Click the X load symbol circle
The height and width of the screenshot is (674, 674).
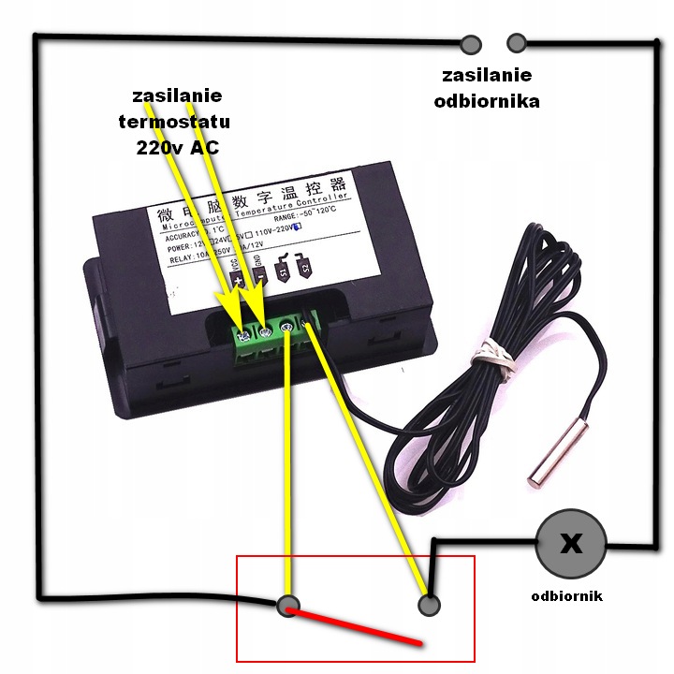[570, 544]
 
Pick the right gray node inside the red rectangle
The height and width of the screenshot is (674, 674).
[429, 606]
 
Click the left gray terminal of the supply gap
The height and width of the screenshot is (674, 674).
[470, 43]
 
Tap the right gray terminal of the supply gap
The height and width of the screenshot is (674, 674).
[515, 43]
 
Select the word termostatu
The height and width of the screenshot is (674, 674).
[174, 122]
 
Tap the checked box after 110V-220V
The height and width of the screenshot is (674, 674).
[298, 226]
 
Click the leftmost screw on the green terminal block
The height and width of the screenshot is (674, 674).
[243, 334]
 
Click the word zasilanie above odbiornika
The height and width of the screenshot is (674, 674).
[486, 75]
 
